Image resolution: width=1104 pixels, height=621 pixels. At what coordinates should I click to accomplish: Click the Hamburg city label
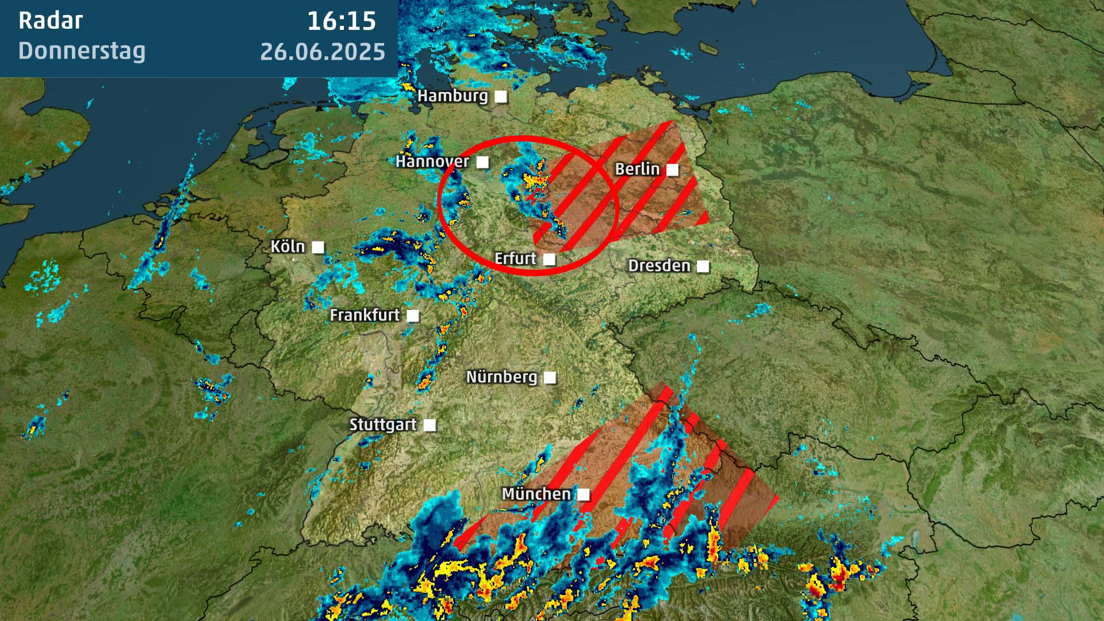click(453, 95)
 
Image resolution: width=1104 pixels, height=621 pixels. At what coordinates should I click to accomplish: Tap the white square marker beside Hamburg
click(501, 97)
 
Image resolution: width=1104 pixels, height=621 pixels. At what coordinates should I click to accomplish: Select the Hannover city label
click(432, 161)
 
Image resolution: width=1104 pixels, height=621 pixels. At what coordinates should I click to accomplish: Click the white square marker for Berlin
click(672, 170)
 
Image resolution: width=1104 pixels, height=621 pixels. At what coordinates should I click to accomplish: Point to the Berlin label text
click(637, 168)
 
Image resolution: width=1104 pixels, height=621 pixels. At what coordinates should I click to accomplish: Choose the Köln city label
click(287, 247)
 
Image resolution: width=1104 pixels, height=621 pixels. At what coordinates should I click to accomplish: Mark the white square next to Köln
click(318, 247)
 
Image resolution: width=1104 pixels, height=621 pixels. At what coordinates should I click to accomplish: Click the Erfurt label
click(515, 258)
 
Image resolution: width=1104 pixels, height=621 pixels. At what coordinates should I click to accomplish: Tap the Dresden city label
click(659, 265)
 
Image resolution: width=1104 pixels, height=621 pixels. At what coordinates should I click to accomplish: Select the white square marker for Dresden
click(703, 266)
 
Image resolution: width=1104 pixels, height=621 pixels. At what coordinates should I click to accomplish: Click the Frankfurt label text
click(365, 315)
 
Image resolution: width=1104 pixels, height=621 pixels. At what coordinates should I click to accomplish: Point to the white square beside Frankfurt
click(413, 316)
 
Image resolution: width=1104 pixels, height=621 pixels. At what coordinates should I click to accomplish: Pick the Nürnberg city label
click(501, 377)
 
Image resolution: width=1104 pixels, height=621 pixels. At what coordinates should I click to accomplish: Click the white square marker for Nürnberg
click(550, 377)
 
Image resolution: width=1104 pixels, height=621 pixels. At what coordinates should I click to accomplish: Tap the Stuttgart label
click(382, 424)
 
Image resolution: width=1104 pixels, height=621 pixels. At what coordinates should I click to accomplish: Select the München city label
click(536, 493)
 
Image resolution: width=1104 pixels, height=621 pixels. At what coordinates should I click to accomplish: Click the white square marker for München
click(584, 494)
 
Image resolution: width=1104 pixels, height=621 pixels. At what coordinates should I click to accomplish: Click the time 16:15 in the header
click(342, 21)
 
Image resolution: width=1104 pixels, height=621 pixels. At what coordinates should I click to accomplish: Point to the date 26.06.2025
click(323, 52)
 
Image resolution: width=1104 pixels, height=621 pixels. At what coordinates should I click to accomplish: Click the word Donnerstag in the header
click(82, 51)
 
